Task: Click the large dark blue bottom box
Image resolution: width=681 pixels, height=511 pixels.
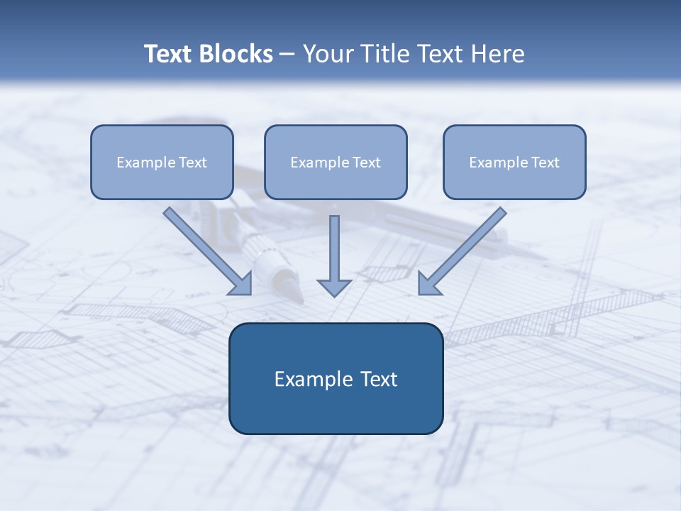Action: (x=336, y=412)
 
